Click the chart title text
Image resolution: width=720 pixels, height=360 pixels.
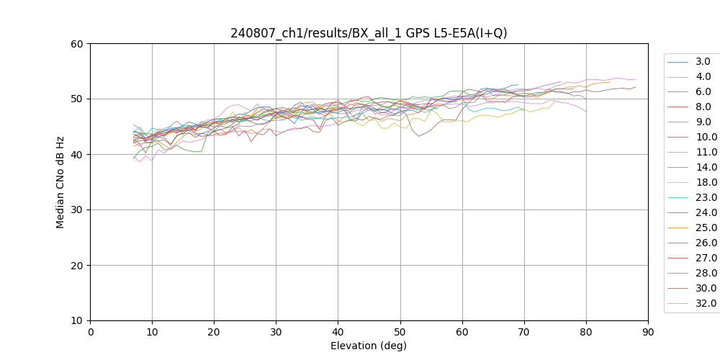click(369, 33)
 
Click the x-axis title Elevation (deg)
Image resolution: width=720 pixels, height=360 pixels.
click(369, 346)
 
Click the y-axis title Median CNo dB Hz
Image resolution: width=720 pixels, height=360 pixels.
click(60, 182)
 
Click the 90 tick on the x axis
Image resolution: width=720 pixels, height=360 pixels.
click(648, 332)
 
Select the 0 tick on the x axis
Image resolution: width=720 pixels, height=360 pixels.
click(90, 332)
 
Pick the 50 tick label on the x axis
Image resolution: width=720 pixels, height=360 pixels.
click(400, 332)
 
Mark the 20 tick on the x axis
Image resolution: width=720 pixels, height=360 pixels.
click(214, 332)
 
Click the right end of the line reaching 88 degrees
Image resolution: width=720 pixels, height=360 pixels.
click(636, 87)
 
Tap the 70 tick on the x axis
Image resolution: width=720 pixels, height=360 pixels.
click(524, 332)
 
